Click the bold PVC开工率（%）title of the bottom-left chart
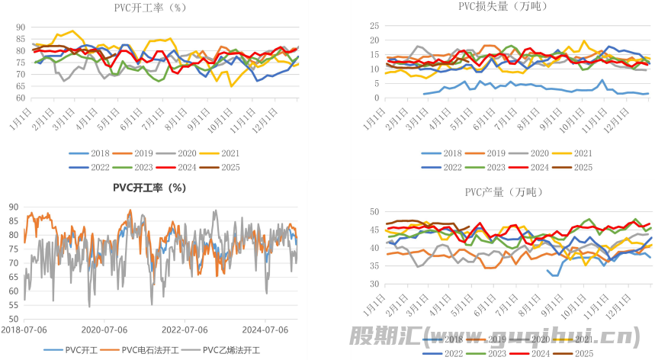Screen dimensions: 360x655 tap(149, 187)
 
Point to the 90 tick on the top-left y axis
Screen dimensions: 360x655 tap(19, 27)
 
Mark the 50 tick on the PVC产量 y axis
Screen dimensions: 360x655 tap(374, 212)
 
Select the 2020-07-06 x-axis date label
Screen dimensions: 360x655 tap(102, 329)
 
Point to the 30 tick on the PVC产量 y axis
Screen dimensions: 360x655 tap(374, 284)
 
